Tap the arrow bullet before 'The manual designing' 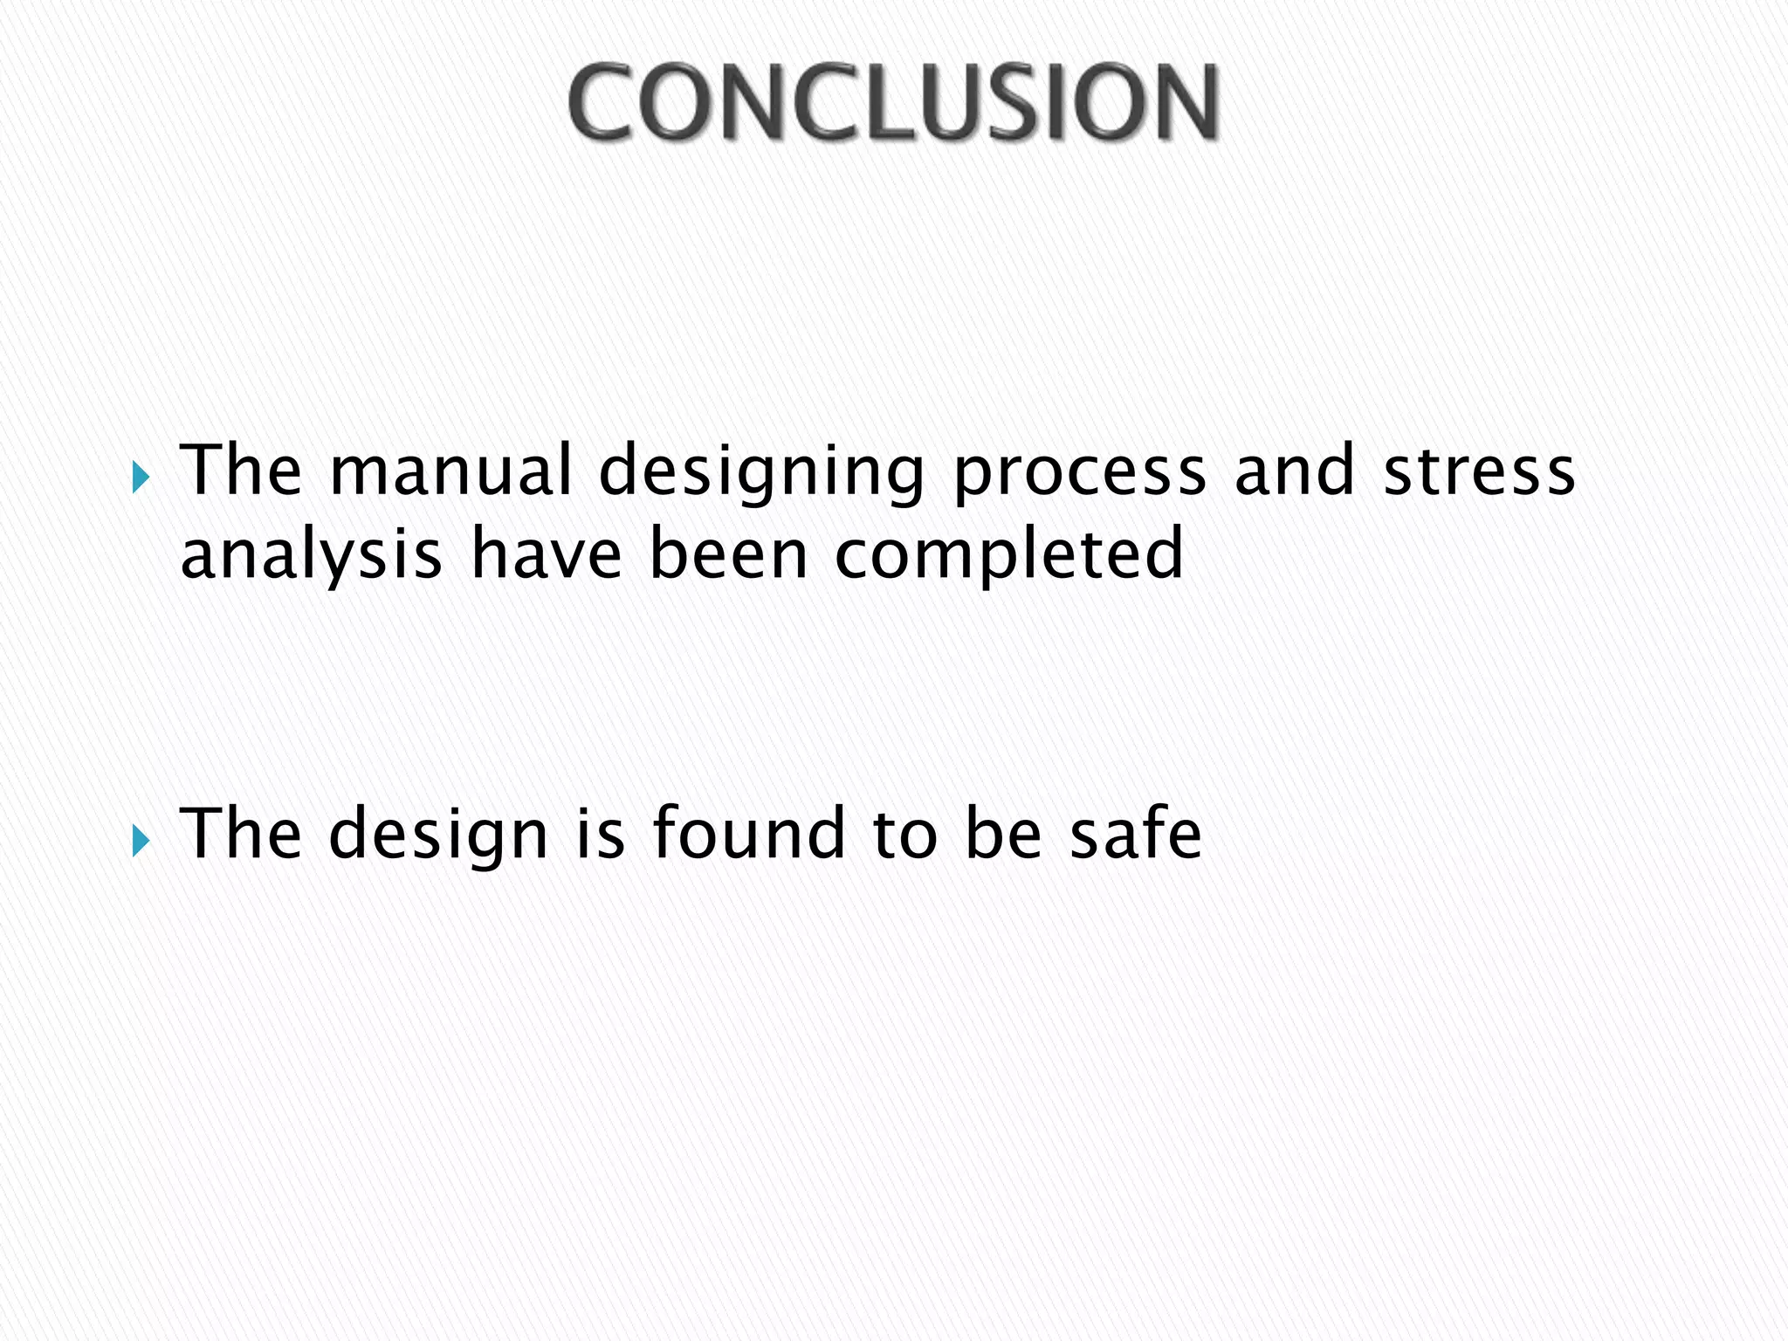click(x=141, y=478)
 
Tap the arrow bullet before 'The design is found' click(x=141, y=841)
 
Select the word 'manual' click(x=450, y=471)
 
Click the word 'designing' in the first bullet click(x=761, y=472)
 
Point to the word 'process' click(x=1080, y=472)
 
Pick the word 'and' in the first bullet click(x=1295, y=471)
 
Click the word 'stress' click(x=1480, y=472)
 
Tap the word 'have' click(x=547, y=554)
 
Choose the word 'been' click(x=729, y=554)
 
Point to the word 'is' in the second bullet click(x=601, y=834)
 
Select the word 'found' click(x=749, y=834)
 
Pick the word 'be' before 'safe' click(x=1004, y=834)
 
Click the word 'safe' click(x=1136, y=834)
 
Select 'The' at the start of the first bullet click(x=240, y=471)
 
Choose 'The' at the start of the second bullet click(x=240, y=834)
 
